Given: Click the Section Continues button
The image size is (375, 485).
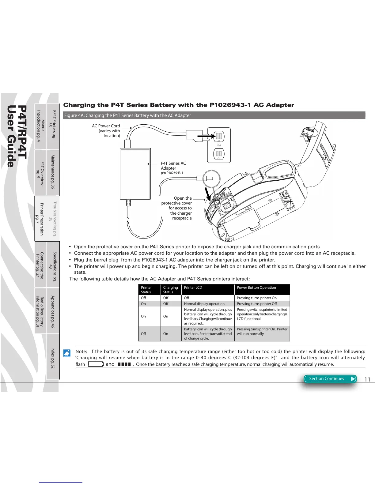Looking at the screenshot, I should pyautogui.click(x=330, y=379).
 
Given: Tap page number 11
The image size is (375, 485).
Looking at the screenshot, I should pyautogui.click(x=367, y=380).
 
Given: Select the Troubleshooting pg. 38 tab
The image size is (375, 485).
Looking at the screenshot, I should pyautogui.click(x=53, y=218).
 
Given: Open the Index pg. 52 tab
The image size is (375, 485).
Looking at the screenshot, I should pyautogui.click(x=53, y=357).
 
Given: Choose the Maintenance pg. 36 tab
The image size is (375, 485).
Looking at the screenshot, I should pyautogui.click(x=53, y=172).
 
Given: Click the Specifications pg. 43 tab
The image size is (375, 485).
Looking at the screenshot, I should pyautogui.click(x=53, y=265).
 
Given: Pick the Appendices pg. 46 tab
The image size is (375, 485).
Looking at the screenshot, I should pyautogui.click(x=53, y=311).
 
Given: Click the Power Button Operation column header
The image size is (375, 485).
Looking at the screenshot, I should pyautogui.click(x=256, y=288).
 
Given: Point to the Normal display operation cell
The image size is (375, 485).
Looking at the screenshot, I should pyautogui.click(x=204, y=304).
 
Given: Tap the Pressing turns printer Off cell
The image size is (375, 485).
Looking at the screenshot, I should pyautogui.click(x=257, y=304).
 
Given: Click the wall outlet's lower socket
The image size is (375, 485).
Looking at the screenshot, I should pyautogui.click(x=219, y=153).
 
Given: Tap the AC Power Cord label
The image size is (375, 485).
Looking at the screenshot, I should pyautogui.click(x=106, y=126).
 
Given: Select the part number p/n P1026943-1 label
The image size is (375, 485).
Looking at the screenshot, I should pyautogui.click(x=172, y=173).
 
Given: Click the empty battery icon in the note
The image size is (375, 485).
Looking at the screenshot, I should pyautogui.click(x=96, y=364).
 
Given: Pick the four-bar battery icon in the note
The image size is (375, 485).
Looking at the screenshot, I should pyautogui.click(x=124, y=364).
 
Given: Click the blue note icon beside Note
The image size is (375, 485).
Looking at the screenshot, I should pyautogui.click(x=66, y=353).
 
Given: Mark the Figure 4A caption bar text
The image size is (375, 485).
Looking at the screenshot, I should pyautogui.click(x=127, y=115).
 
